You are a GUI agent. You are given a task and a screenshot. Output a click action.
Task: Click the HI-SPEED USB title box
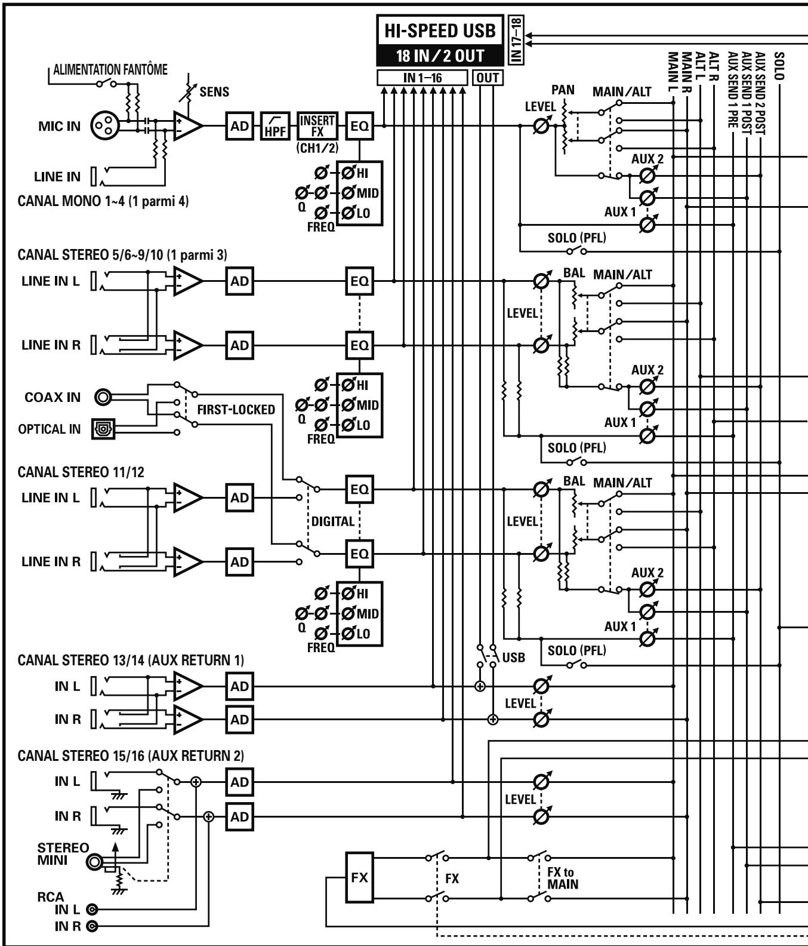439,30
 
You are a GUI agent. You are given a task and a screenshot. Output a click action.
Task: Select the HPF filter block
275,127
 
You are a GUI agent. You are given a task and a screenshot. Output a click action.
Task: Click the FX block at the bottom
360,878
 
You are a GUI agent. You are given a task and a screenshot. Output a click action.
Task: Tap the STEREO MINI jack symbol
95,862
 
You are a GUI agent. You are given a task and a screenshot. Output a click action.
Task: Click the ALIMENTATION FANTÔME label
110,70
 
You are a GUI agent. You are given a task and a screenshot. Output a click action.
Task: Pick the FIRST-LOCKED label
236,410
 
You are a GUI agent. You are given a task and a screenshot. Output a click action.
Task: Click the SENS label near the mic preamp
214,92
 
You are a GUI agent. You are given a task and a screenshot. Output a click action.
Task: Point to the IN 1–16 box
422,78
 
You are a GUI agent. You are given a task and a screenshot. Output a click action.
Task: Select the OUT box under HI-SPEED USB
487,78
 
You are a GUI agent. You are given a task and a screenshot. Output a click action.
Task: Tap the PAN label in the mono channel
563,90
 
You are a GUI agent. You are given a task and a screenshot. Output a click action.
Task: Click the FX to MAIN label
563,878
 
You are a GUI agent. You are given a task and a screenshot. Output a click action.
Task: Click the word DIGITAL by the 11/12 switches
333,521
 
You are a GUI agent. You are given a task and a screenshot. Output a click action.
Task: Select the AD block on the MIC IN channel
239,127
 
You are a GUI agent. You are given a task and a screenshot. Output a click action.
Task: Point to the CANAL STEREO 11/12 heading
81,472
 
